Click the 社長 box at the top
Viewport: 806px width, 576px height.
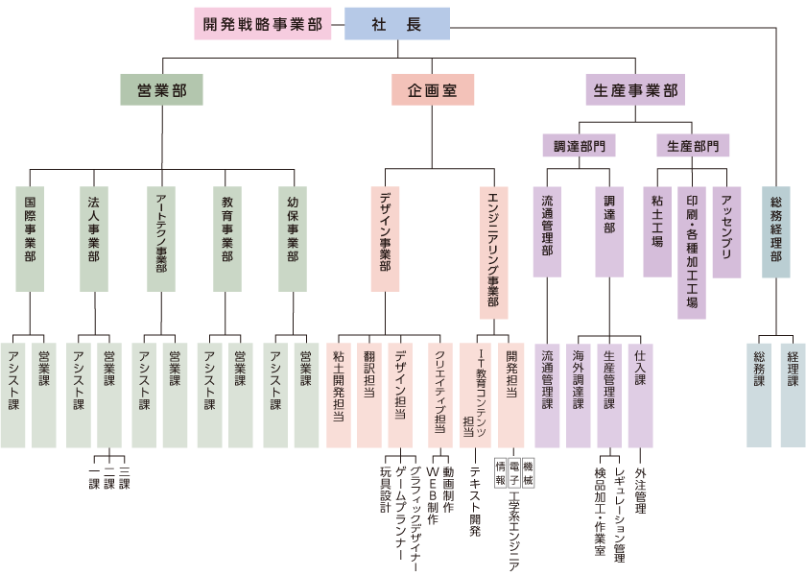[396, 24]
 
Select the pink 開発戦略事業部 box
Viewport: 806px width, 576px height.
[262, 24]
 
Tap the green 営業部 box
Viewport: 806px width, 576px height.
[161, 90]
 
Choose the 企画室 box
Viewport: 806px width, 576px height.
[432, 90]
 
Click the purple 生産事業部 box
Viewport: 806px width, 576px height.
[634, 90]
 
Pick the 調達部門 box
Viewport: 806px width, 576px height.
[579, 146]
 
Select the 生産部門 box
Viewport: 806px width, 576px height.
[693, 146]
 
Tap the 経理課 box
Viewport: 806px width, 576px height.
[793, 394]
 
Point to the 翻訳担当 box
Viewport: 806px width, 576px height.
[369, 394]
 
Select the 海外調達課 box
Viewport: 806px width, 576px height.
[579, 394]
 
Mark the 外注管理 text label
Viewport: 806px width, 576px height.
[641, 490]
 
